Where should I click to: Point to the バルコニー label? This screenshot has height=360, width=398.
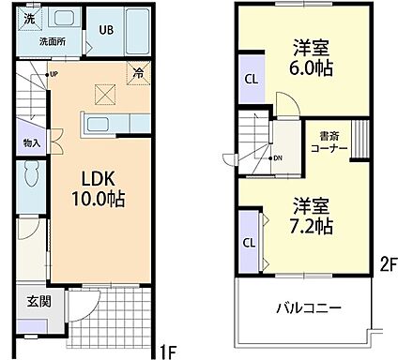pos(308,307)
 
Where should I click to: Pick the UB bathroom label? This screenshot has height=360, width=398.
pos(106,29)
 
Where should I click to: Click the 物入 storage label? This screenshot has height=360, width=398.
pos(31,142)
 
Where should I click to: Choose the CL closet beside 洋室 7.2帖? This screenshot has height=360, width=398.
pos(250,242)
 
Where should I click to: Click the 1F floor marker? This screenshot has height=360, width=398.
pos(167,352)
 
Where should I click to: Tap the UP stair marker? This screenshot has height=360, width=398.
pos(54,74)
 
